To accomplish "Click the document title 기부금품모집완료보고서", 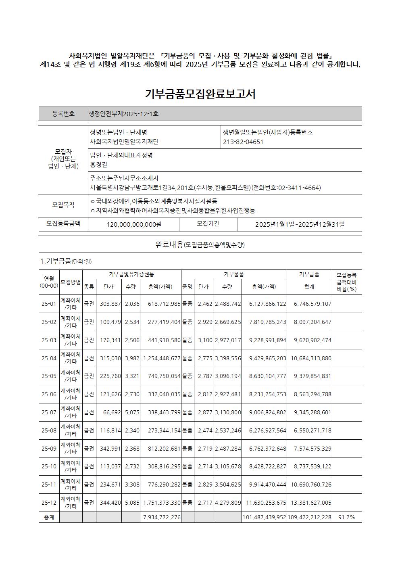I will click(x=200, y=94).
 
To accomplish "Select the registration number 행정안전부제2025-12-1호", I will click(x=124, y=114).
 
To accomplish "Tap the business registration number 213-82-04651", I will click(x=243, y=142).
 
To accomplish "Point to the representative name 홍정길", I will click(x=99, y=165).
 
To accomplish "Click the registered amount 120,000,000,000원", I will click(x=134, y=224).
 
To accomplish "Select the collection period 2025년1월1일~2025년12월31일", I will click(x=300, y=224).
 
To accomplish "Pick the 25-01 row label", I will click(x=49, y=304).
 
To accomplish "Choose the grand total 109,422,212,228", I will click(x=309, y=517).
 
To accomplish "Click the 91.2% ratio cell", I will click(x=346, y=517).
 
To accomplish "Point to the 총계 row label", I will click(x=49, y=517).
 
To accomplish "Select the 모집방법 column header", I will click(x=71, y=282).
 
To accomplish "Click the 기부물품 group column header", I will click(x=234, y=274).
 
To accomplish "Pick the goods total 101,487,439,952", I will click(x=264, y=517).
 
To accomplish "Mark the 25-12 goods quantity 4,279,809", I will click(x=228, y=503).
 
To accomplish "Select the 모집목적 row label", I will click(x=63, y=205).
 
